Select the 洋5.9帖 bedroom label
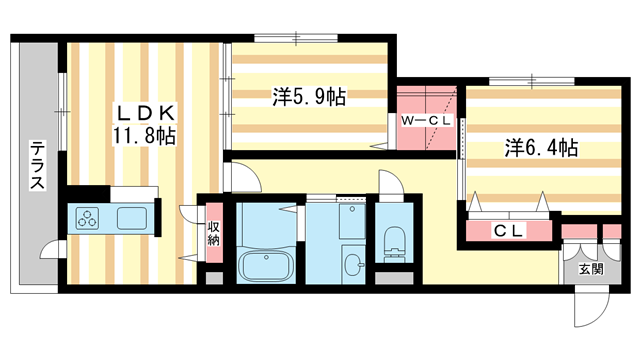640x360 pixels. coord(309,98)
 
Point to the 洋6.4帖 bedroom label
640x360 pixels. coord(539,147)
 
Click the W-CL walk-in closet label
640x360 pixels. coord(427,121)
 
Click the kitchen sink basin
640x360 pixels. coord(131,217)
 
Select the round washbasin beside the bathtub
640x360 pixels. coord(354,265)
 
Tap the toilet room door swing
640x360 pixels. coord(390,186)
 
